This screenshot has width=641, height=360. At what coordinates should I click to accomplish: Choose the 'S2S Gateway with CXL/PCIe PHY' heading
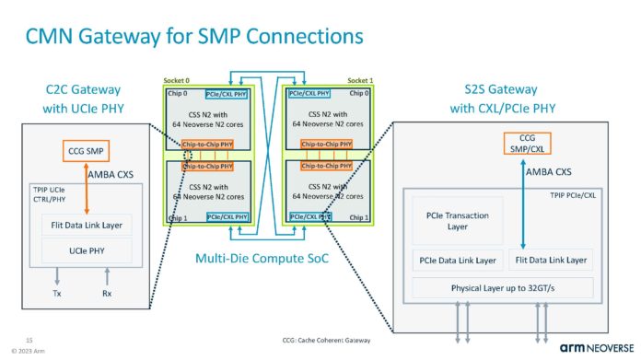(x=509, y=99)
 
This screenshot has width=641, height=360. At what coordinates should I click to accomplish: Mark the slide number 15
(x=29, y=339)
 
